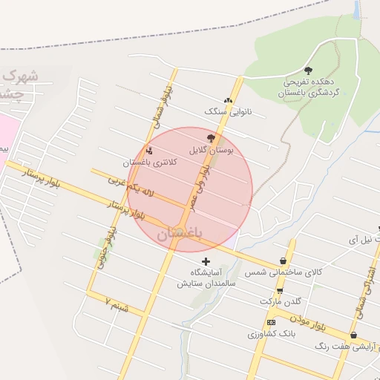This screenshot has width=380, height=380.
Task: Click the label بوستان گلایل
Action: tap(212, 150)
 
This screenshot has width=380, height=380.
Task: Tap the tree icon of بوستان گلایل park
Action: tap(212, 138)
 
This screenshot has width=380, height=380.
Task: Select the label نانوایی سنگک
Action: tap(224, 111)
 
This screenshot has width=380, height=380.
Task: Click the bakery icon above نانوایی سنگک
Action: tap(228, 100)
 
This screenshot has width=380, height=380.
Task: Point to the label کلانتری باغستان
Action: tap(148, 162)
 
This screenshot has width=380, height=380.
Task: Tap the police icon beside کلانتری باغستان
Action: tap(148, 151)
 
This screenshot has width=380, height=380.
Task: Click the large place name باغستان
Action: tap(180, 232)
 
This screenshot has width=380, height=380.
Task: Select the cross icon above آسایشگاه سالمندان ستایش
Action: tap(206, 261)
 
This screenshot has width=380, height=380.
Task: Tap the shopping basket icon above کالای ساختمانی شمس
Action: tap(284, 261)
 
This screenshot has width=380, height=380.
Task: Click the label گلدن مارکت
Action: tap(280, 301)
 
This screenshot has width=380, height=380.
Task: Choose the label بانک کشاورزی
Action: tap(272, 334)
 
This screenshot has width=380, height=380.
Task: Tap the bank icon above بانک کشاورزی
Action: tap(271, 322)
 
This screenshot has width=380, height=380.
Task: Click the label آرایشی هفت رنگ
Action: tap(347, 346)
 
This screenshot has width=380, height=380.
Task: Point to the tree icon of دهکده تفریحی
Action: tap(309, 71)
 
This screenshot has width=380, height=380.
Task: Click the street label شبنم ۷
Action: tap(117, 305)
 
